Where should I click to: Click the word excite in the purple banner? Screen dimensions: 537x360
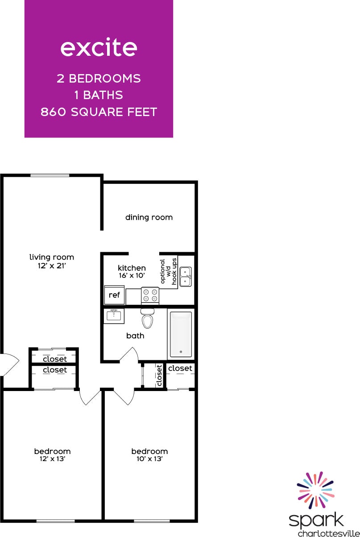pos(99,48)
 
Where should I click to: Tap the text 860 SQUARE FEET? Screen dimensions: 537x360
pos(99,112)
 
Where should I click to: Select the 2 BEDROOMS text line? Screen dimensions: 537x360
pos(99,79)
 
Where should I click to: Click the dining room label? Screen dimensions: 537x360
pos(149,217)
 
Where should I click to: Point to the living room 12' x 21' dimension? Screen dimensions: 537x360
pos(51,266)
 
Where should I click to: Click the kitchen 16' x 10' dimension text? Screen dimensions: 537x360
pos(132,276)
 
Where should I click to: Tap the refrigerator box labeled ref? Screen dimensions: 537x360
pos(114,295)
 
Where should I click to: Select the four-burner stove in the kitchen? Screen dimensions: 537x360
pos(150,295)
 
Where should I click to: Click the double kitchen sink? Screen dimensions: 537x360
pos(186,277)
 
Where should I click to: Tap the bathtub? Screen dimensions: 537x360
pos(181,334)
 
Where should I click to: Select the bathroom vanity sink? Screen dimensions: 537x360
pos(114,316)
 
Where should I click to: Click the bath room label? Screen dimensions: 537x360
pos(135,336)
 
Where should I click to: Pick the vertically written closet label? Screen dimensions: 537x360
pos(159,375)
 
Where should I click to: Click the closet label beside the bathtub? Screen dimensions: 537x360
pos(180,368)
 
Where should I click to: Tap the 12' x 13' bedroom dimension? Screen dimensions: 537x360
pos(52,458)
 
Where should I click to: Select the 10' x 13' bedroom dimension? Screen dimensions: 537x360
pos(149,458)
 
